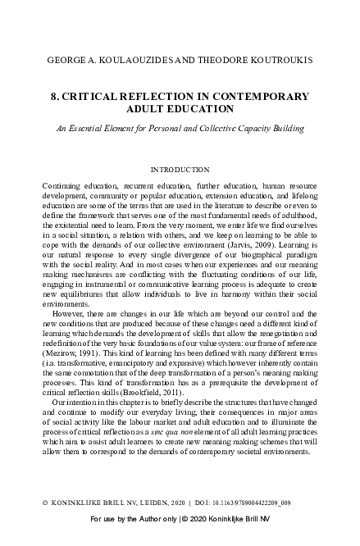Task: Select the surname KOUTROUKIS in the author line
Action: (x=271, y=61)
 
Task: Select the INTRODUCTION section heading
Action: (x=180, y=170)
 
